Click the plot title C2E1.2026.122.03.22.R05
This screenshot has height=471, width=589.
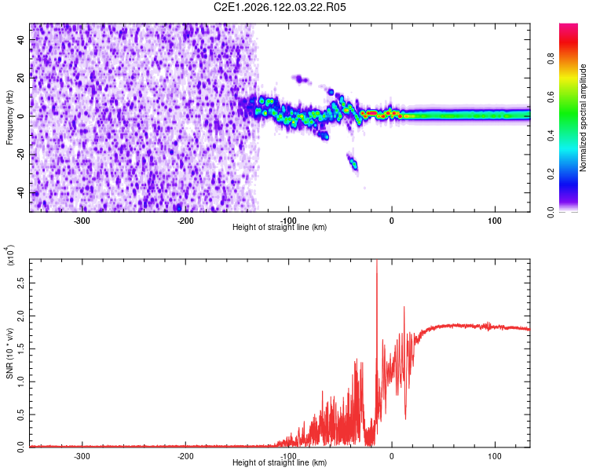tap(280, 7)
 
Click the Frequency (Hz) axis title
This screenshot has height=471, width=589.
tap(9, 118)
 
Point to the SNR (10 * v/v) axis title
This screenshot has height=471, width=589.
tap(9, 353)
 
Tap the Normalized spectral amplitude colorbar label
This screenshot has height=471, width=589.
tap(583, 118)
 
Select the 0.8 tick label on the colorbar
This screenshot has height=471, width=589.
tap(551, 58)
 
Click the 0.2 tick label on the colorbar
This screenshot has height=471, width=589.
tap(551, 174)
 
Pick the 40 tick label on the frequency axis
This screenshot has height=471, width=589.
tap(20, 39)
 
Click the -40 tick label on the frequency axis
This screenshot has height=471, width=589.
tap(20, 192)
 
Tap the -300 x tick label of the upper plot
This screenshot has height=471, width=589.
tap(82, 221)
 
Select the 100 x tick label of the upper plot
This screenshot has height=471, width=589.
tap(495, 221)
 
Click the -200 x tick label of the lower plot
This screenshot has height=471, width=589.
tap(185, 456)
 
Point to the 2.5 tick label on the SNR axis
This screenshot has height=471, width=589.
tap(20, 283)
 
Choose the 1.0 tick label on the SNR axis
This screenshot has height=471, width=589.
tap(20, 382)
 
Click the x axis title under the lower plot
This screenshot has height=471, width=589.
tap(280, 462)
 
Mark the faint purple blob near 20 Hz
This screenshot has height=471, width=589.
tap(300, 78)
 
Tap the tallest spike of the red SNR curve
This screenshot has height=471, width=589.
tap(377, 263)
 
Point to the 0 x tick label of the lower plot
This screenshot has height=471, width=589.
tap(391, 456)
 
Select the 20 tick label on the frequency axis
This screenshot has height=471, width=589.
tap(20, 78)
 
